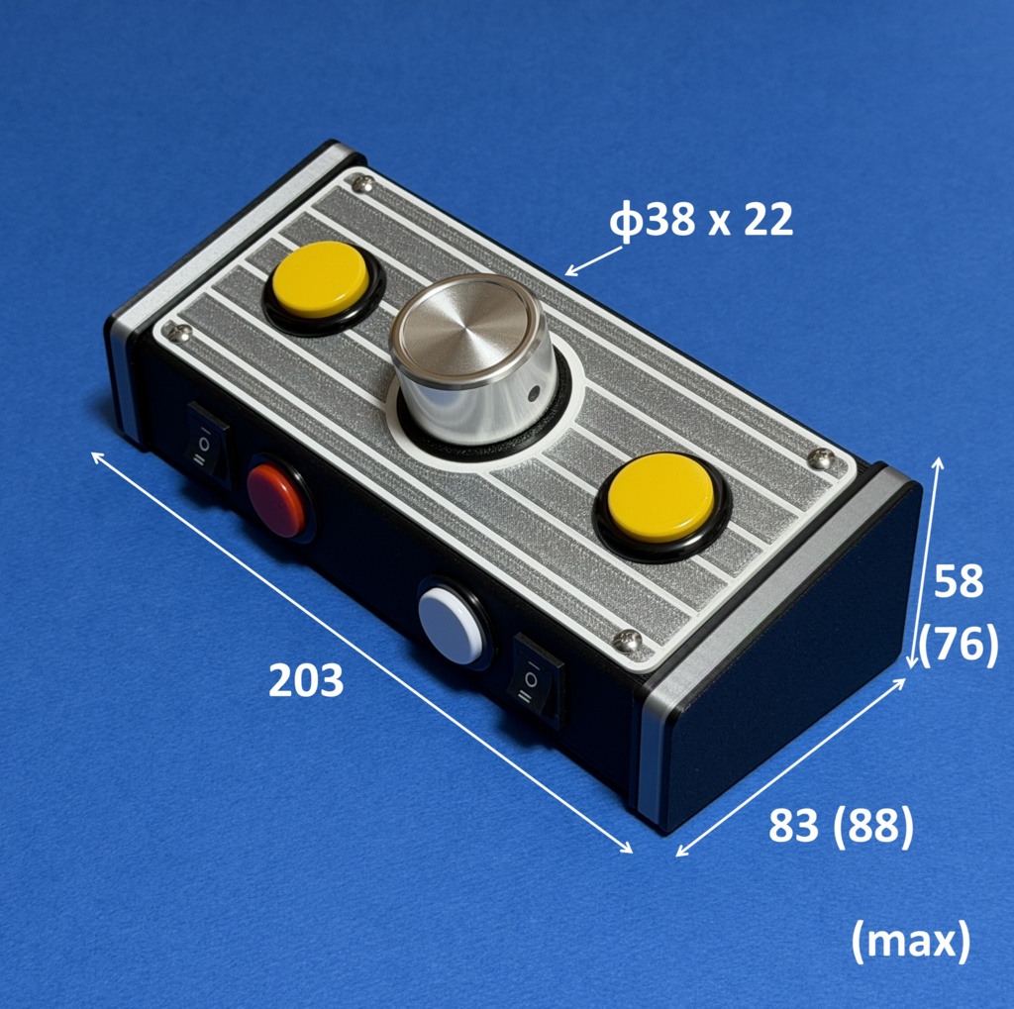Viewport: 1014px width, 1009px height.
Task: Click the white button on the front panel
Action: (451, 625)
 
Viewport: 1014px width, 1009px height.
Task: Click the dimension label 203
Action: (305, 680)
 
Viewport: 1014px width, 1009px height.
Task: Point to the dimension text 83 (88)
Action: (841, 825)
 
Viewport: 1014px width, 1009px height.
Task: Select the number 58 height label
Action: (958, 580)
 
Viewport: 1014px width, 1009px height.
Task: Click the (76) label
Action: (959, 643)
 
